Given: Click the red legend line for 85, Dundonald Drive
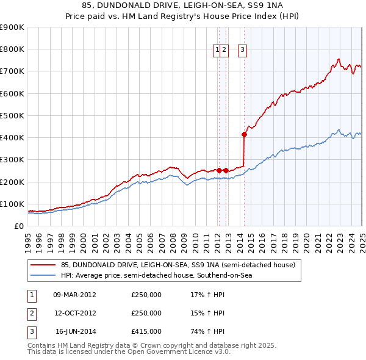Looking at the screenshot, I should point(43,265).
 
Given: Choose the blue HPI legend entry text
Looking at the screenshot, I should point(156,276).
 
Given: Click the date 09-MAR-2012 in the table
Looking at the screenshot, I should point(75,295).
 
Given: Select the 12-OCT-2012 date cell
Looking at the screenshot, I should point(75,313).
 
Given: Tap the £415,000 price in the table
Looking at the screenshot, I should point(146,331).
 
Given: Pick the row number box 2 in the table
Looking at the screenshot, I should point(30,313).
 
